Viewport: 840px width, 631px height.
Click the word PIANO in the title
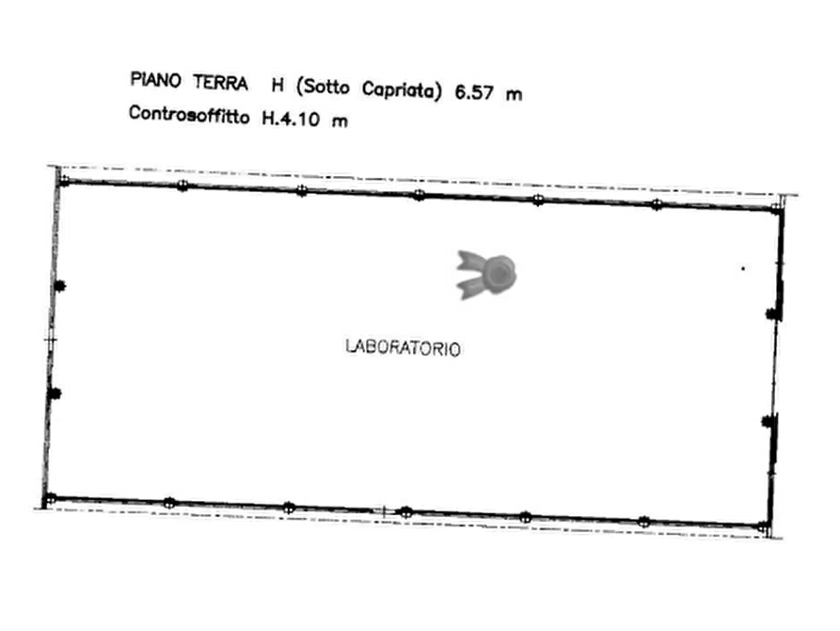155,79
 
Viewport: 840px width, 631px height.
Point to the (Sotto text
320,87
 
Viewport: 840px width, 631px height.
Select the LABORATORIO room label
404,348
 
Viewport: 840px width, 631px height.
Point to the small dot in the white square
744,270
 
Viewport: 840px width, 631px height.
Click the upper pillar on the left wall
58,284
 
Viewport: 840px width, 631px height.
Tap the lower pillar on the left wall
55,392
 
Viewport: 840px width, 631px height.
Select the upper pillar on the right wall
771,313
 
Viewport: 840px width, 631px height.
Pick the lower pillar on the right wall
768,421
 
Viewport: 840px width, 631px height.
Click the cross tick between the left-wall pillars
51,335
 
